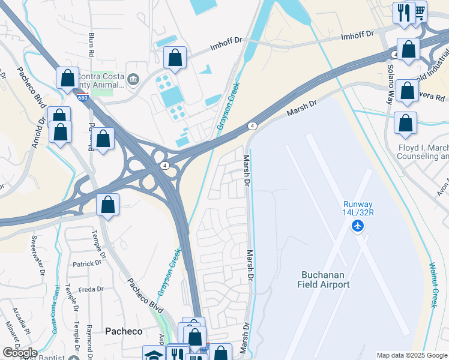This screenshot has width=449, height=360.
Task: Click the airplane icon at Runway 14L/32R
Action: [358, 226]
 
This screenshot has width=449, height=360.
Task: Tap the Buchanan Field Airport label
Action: [324, 280]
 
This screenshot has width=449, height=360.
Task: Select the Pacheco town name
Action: [124, 331]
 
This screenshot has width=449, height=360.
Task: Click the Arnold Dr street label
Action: [38, 133]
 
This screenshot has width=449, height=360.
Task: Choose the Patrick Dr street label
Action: [86, 263]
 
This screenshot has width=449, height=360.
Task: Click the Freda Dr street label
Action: [91, 289]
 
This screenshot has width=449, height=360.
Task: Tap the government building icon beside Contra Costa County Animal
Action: [133, 79]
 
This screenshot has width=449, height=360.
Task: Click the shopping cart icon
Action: [420, 11]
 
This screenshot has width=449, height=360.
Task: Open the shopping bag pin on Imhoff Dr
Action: [175, 58]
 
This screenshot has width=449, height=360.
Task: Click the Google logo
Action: [20, 353]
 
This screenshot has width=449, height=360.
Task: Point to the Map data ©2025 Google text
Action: [412, 355]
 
